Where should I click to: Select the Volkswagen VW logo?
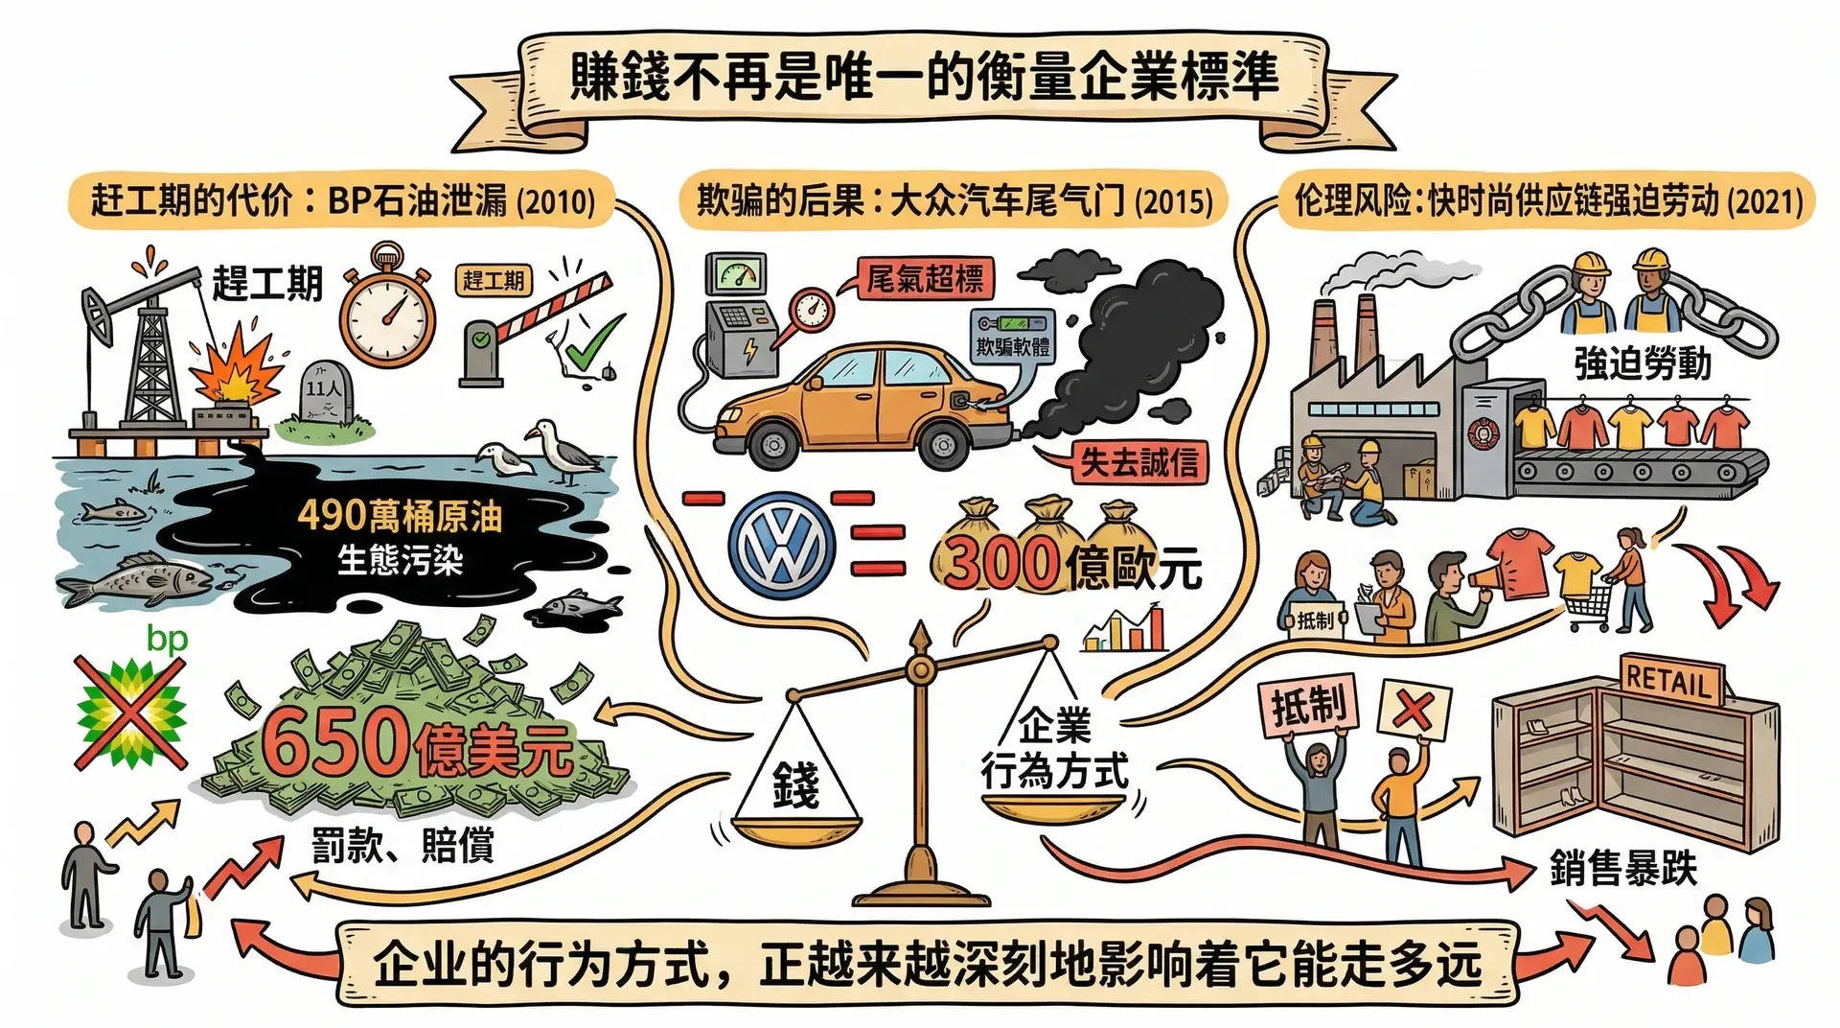[781, 546]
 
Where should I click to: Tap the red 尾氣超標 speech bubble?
[924, 279]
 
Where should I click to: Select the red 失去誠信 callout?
[1138, 463]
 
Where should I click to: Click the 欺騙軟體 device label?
[1013, 346]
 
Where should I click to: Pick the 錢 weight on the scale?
[795, 785]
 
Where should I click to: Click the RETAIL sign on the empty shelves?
[1668, 680]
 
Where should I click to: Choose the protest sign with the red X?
[1414, 711]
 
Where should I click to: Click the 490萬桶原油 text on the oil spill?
[400, 517]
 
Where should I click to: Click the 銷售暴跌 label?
[1622, 870]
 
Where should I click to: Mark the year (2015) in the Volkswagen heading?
[1174, 201]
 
